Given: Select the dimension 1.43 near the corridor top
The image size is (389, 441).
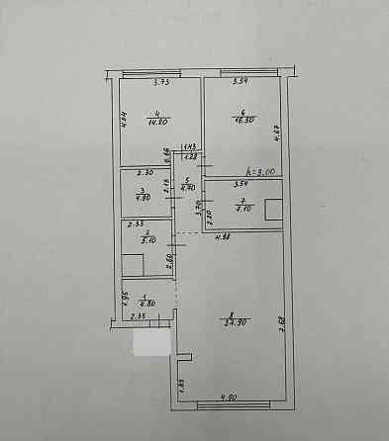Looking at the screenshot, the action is [188, 147].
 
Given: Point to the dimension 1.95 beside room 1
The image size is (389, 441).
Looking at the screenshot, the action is [125, 297].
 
